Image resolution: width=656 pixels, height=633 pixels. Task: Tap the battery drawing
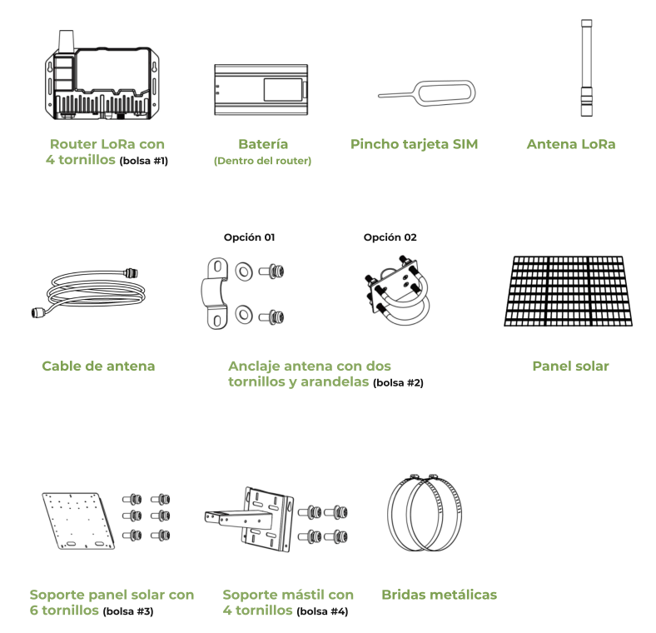click(261, 90)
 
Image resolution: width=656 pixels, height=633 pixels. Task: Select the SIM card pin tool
click(427, 93)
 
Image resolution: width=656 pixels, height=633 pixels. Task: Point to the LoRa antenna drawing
click(586, 67)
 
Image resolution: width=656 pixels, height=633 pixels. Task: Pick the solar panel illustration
click(568, 291)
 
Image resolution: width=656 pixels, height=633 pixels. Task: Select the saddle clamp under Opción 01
click(215, 293)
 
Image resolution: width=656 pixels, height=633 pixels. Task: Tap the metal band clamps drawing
click(425, 513)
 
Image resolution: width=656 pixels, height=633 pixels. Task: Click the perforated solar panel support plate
click(78, 521)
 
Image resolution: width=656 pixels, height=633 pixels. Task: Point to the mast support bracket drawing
click(251, 519)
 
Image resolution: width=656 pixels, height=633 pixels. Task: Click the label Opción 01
click(250, 237)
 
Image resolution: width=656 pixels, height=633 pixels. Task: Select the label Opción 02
click(390, 237)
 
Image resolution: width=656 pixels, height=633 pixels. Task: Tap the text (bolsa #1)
click(143, 161)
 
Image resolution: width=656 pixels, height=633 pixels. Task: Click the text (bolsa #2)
click(398, 382)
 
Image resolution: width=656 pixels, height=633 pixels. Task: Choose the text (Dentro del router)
click(263, 161)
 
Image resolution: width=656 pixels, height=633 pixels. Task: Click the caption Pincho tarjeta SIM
click(415, 144)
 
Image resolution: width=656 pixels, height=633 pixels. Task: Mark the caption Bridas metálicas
click(440, 595)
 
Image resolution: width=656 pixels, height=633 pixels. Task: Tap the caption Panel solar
click(570, 366)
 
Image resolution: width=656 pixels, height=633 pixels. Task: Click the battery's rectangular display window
click(283, 90)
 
